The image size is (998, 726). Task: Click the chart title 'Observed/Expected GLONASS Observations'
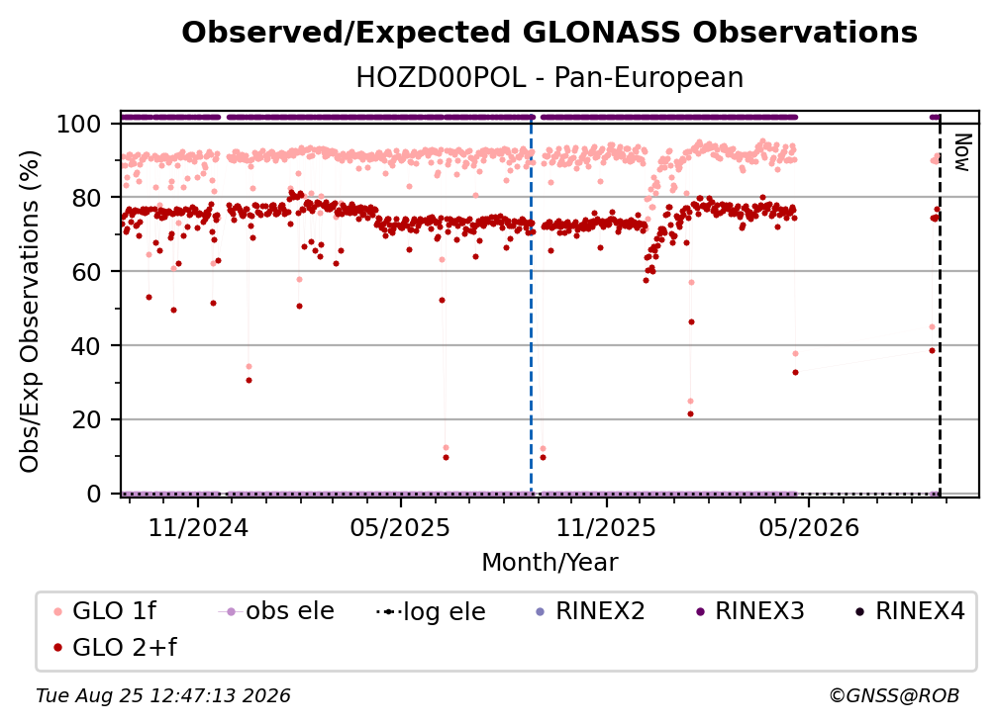pos(549,33)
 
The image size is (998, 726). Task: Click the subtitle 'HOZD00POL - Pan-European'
pos(549,78)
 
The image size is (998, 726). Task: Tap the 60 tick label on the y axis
pos(86,271)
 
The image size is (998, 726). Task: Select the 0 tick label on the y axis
pos(94,494)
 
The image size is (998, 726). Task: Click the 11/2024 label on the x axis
pos(198,527)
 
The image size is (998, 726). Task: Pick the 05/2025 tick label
pos(400,527)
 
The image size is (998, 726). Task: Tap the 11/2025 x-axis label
pos(606,527)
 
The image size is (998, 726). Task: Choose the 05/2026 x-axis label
pos(808,527)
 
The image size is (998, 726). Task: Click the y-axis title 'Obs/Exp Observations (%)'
pos(30,311)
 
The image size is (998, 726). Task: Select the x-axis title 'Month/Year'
pos(549,563)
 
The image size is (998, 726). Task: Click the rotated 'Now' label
pos(961,152)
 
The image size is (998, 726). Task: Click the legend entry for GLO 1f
pos(105,611)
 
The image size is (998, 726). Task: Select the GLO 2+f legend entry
pos(115,647)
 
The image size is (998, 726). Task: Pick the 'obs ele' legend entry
pos(276,611)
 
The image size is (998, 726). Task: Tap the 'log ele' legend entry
pos(431,611)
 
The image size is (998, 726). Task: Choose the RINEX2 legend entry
pos(590,611)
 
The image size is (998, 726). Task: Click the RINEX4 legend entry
pos(910,611)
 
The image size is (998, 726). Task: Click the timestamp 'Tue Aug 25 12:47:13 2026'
pos(163,696)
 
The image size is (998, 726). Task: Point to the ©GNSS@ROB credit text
pos(894,696)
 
